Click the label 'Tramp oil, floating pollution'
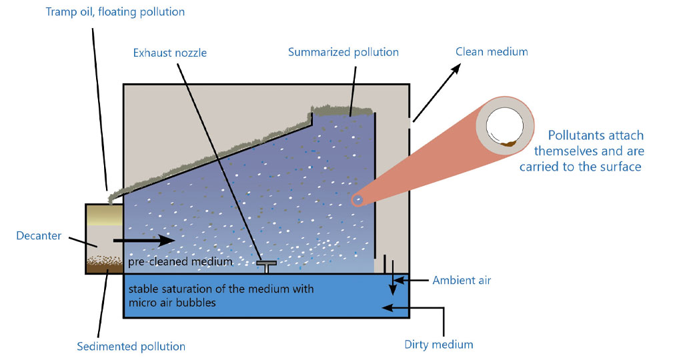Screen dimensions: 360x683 tap(115, 12)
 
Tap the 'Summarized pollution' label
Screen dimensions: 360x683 tap(344, 52)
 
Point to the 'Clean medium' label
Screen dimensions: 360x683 tap(492, 51)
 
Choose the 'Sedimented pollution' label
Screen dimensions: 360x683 tap(131, 346)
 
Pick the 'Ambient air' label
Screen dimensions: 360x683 tap(462, 280)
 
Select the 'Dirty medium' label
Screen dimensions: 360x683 tap(439, 345)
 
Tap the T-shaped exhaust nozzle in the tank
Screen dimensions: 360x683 tap(267, 265)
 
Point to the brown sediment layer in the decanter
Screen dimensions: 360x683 tap(104, 265)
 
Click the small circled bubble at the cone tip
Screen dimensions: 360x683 tap(359, 199)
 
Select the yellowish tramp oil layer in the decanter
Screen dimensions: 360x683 tap(104, 215)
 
